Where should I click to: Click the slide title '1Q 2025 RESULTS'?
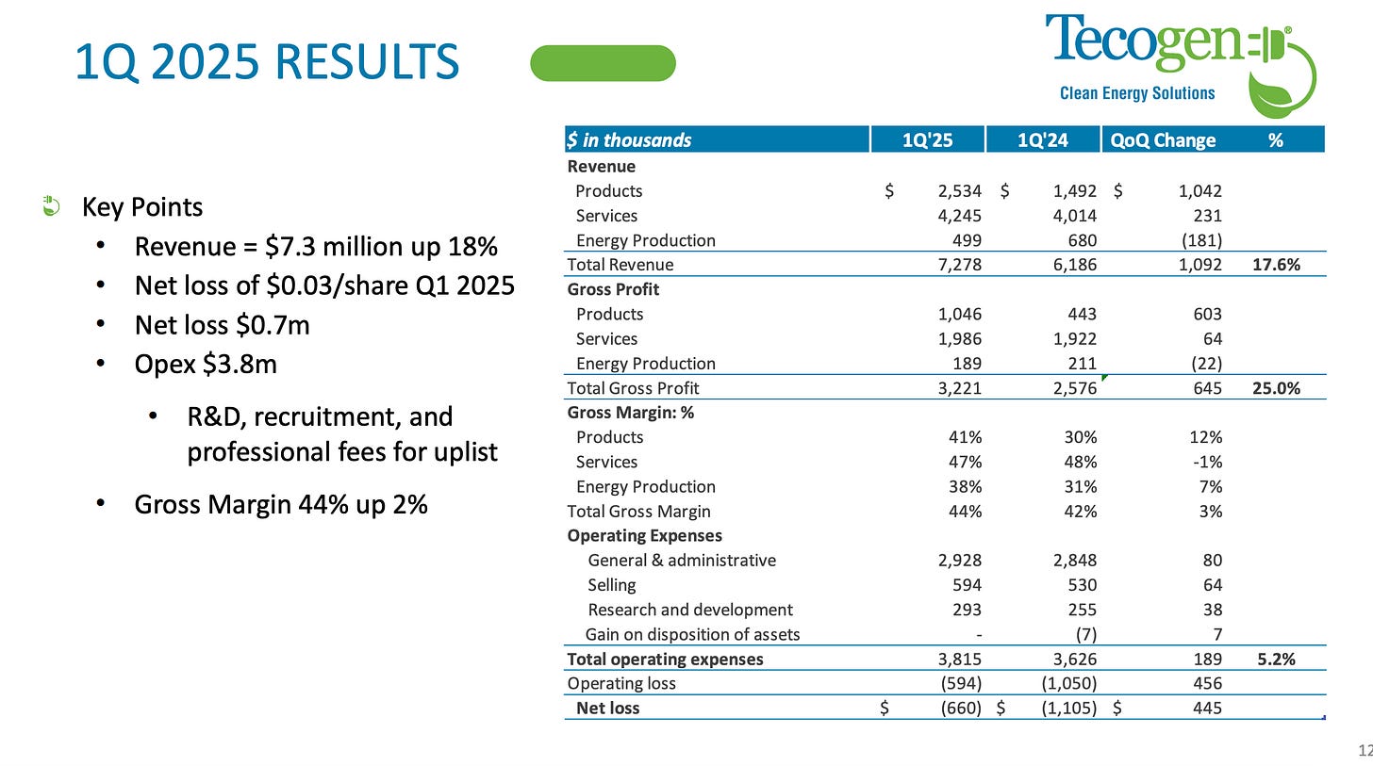266,63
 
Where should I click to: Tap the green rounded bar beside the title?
604,63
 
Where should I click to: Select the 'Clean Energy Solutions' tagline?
1137,93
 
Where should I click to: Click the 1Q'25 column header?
927,140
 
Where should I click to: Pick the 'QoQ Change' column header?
1163,140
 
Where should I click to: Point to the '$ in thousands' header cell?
629,140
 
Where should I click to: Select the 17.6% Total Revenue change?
1276,265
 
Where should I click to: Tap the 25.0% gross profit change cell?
1276,388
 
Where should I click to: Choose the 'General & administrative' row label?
681,561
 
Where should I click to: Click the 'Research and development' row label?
689,610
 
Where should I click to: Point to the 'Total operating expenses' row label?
665,660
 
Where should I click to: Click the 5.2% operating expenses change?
1276,660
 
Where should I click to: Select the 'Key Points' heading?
142,207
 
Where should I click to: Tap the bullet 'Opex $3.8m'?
206,364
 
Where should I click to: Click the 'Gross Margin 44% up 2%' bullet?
281,505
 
